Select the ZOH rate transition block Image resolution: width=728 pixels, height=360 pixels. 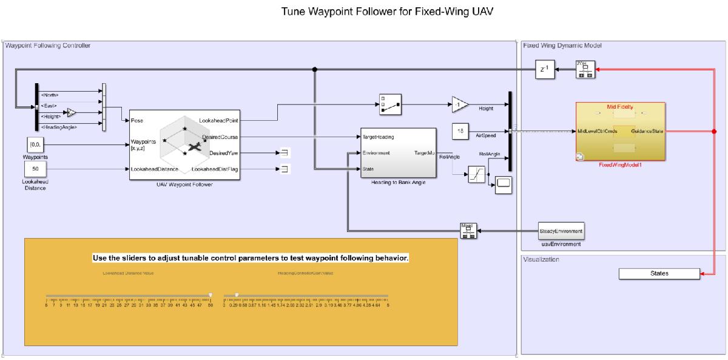coord(585,69)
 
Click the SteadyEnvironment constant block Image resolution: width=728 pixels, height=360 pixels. coord(561,231)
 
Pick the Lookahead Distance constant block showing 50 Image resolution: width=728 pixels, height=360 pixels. coord(35,169)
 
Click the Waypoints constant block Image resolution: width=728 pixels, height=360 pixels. coord(35,145)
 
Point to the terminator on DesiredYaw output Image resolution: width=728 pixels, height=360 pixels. coord(283,153)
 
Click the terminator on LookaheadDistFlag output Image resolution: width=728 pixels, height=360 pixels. coord(283,169)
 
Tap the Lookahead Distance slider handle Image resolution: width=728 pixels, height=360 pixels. coord(211,294)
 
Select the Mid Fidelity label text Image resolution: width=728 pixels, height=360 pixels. coord(620,107)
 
